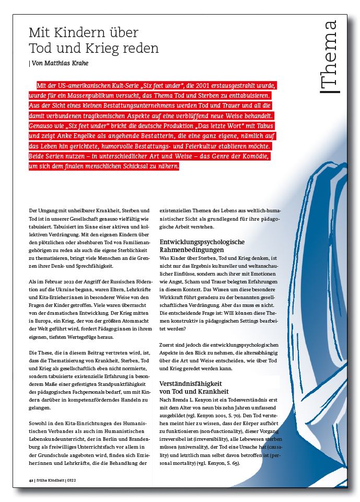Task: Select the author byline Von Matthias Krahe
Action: (x=60, y=64)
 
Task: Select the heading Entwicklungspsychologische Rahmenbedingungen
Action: (x=202, y=246)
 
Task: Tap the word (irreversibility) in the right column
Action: (x=200, y=435)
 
